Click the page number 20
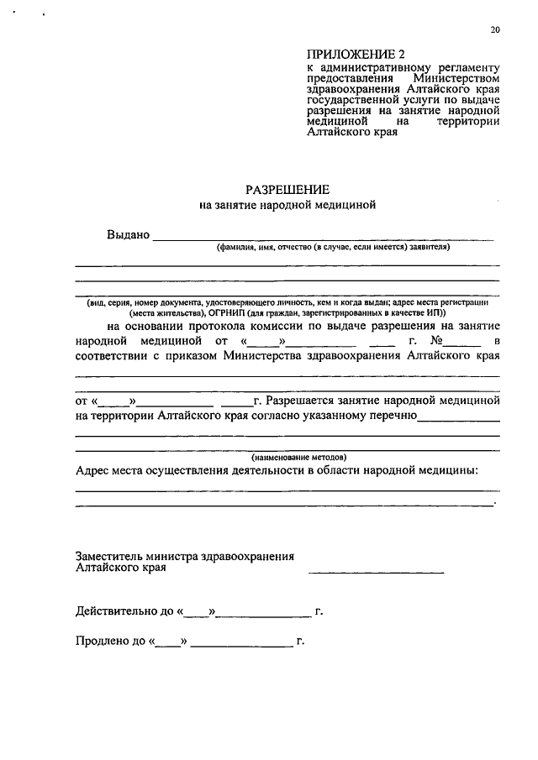(495, 30)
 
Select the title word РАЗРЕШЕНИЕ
(287, 189)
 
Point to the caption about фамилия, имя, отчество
(333, 248)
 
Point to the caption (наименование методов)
(287, 456)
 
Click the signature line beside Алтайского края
(377, 572)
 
